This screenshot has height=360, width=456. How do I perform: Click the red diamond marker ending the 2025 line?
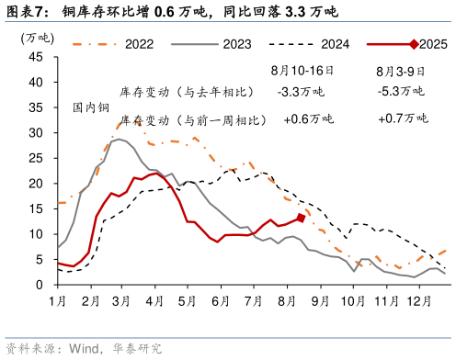tap(302, 218)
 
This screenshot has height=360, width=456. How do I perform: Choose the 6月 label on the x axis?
tap(221, 301)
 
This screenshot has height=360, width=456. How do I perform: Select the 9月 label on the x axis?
tap(320, 301)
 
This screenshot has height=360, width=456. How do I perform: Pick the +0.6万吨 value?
tap(309, 119)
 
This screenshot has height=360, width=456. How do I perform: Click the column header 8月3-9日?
tap(401, 70)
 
